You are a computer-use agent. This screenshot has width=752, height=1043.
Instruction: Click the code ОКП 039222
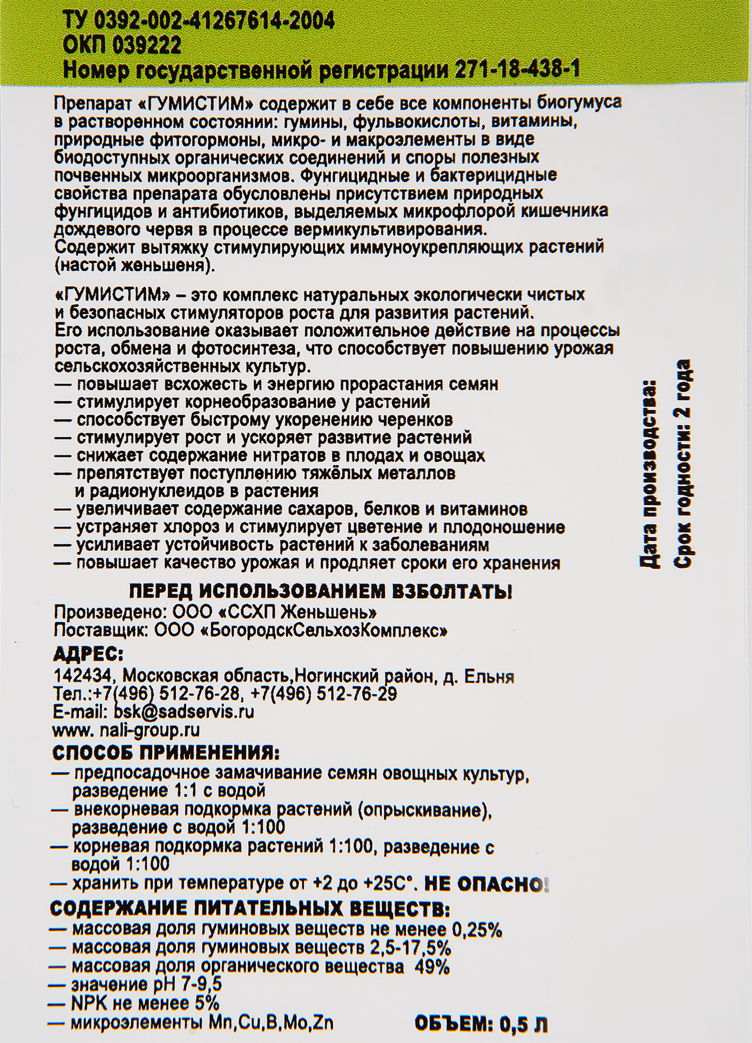(121, 46)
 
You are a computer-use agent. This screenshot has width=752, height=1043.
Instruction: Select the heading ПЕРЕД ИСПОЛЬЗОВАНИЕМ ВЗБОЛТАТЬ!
(321, 591)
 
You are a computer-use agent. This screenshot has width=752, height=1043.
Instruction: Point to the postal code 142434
(82, 676)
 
